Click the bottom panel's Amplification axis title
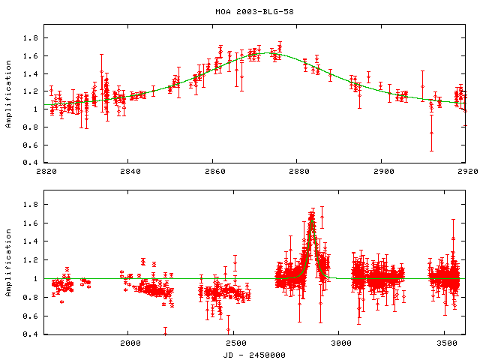8,271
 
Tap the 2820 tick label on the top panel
46,171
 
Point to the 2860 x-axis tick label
213,171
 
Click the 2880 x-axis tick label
297,171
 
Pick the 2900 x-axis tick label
381,171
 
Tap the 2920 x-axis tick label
465,171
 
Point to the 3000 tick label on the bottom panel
339,343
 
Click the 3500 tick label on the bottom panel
445,343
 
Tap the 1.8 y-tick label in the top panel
31,37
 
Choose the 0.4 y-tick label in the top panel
31,163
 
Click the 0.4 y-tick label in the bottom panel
31,334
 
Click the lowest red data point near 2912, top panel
431,133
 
